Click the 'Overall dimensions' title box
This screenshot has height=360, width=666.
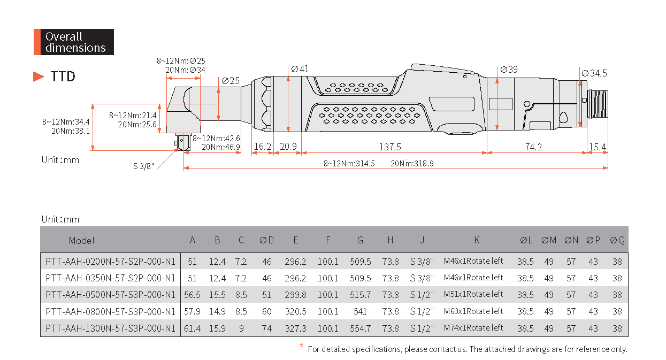click(x=74, y=42)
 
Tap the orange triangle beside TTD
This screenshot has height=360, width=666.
click(x=38, y=76)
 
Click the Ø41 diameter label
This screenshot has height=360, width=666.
click(x=300, y=69)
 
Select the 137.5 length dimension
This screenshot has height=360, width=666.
click(x=390, y=147)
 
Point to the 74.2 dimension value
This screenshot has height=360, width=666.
click(x=533, y=147)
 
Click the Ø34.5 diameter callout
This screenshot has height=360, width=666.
click(x=594, y=73)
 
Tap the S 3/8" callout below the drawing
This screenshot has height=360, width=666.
click(x=143, y=166)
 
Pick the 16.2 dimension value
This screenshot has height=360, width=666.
click(x=263, y=147)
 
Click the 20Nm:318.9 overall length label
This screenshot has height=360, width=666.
click(x=412, y=164)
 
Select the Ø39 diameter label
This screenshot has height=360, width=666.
click(x=509, y=70)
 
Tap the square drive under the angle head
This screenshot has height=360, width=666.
click(x=182, y=142)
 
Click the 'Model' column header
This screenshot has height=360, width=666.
click(x=81, y=241)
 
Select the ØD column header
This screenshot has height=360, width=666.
click(x=266, y=240)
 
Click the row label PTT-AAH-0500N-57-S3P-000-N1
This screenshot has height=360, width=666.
click(x=110, y=295)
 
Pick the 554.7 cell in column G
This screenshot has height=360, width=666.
click(x=360, y=328)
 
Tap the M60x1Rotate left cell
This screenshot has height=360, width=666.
click(x=473, y=311)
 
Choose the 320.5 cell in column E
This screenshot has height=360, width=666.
click(x=295, y=311)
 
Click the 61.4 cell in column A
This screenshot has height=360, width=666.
click(x=192, y=328)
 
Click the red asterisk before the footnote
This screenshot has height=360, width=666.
click(x=301, y=346)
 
